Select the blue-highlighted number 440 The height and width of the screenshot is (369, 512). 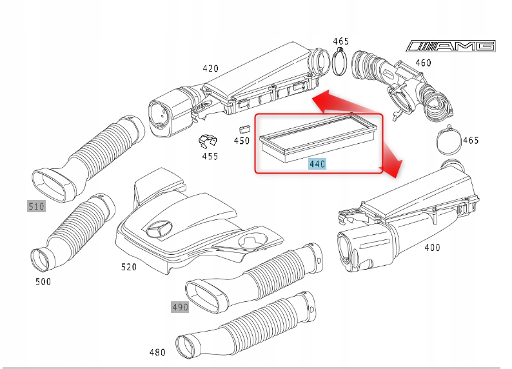317,164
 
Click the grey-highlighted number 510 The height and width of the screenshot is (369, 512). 36,206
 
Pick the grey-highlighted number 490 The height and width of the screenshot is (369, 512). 180,307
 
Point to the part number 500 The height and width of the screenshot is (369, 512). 43,281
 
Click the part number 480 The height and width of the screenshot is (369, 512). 157,352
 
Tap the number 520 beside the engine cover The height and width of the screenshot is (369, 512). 129,266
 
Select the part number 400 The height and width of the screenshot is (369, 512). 433,247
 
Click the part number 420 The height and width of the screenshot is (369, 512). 210,68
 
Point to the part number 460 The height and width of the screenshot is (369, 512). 423,63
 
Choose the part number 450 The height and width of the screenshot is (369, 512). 241,140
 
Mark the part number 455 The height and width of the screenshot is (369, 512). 210,155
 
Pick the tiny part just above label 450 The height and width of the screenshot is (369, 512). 244,126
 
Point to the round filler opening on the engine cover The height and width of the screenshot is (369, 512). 252,241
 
